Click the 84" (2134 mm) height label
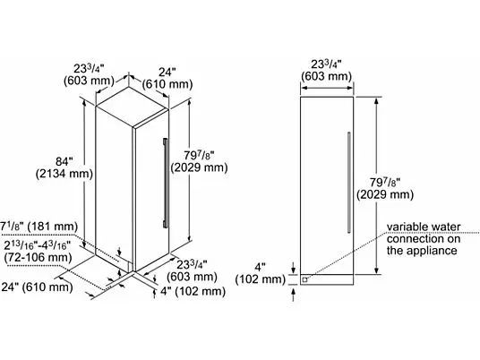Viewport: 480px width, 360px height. (x=64, y=167)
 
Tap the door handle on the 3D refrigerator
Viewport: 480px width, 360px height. (x=166, y=183)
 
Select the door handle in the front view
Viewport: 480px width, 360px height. (x=348, y=182)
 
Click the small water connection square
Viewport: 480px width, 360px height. (x=304, y=279)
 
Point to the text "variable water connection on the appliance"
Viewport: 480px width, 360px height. (x=424, y=239)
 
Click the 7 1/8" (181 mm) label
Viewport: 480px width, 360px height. (x=39, y=227)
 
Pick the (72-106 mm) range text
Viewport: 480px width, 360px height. (x=38, y=257)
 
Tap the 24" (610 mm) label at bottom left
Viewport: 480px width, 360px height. (x=37, y=287)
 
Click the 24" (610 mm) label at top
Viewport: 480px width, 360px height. (x=167, y=78)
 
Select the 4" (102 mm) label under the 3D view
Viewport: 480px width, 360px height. (x=193, y=291)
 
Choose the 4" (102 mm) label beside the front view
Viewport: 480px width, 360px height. (x=261, y=273)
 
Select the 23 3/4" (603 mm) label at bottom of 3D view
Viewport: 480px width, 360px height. (x=192, y=270)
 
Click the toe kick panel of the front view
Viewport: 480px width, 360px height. (x=327, y=279)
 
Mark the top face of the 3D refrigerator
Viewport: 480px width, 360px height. (x=133, y=107)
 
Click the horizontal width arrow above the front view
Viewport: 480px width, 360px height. (x=327, y=88)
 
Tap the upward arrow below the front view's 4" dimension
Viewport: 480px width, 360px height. (x=294, y=296)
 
